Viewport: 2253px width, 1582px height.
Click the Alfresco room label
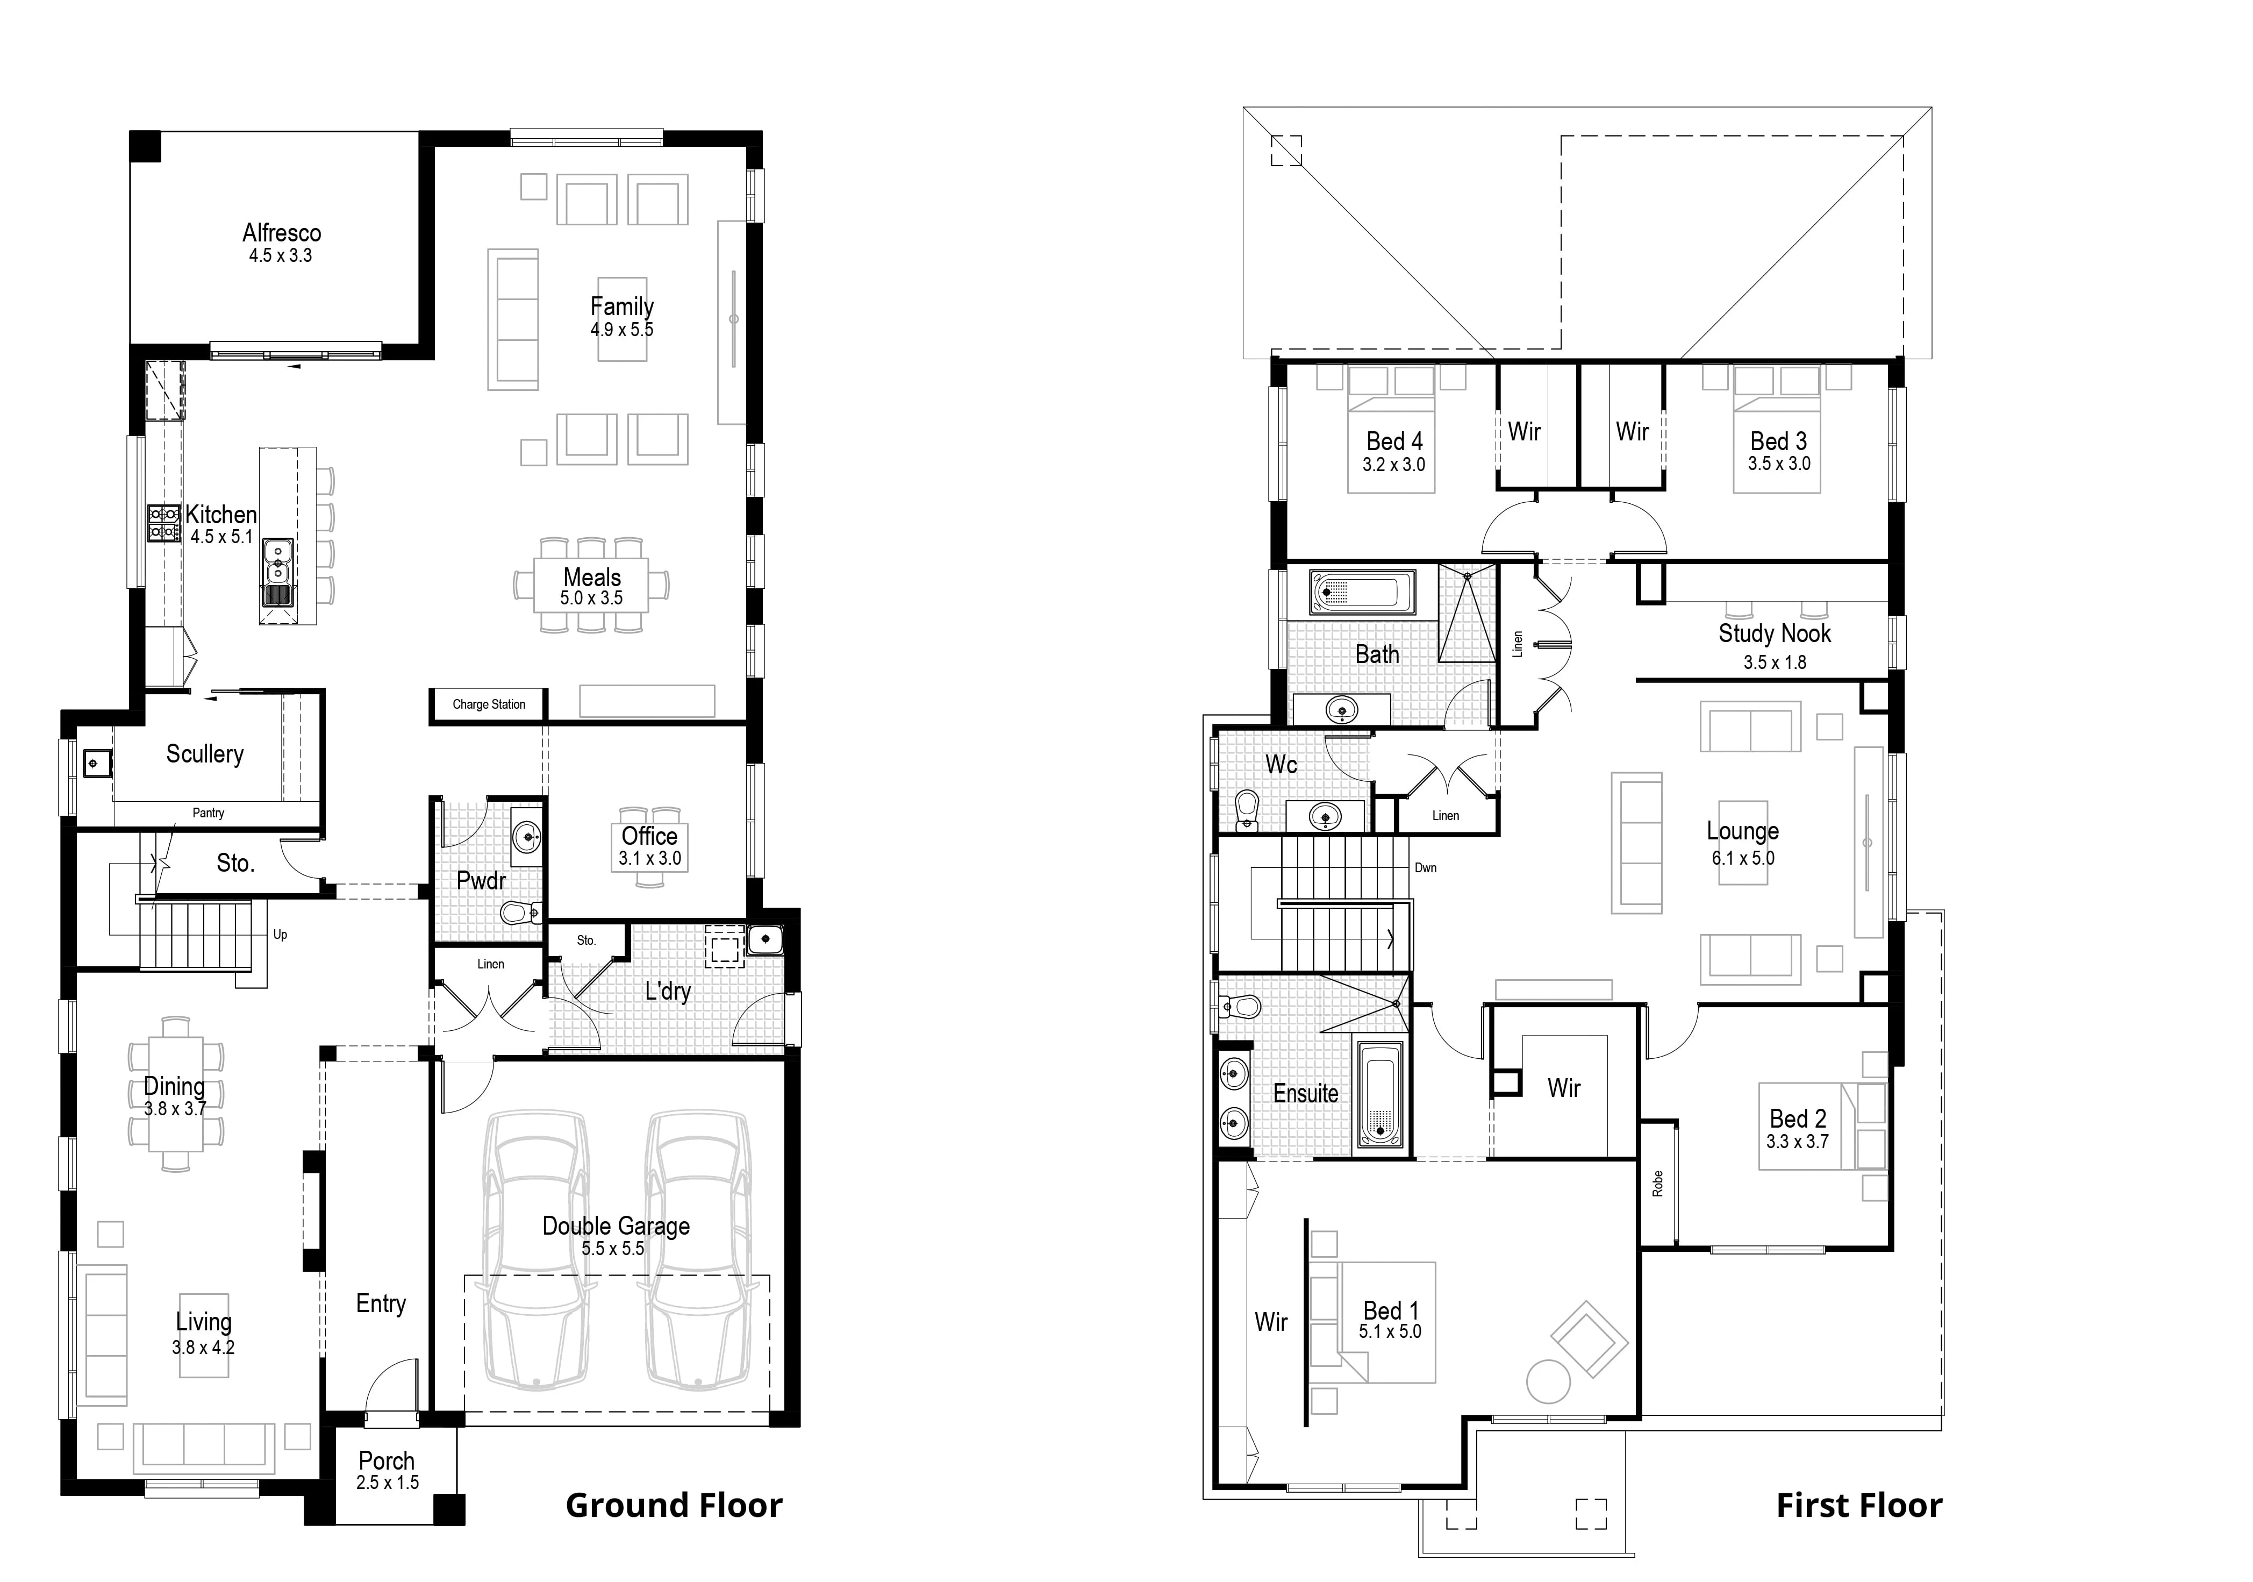tap(282, 233)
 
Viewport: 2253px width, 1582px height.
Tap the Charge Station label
tap(489, 704)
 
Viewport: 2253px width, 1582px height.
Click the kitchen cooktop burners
tap(163, 523)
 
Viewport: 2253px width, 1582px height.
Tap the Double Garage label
tap(616, 1226)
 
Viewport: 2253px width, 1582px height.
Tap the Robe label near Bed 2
tap(1657, 1184)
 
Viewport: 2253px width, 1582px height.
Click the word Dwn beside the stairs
tap(1426, 867)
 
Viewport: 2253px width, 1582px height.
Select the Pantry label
tap(208, 813)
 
